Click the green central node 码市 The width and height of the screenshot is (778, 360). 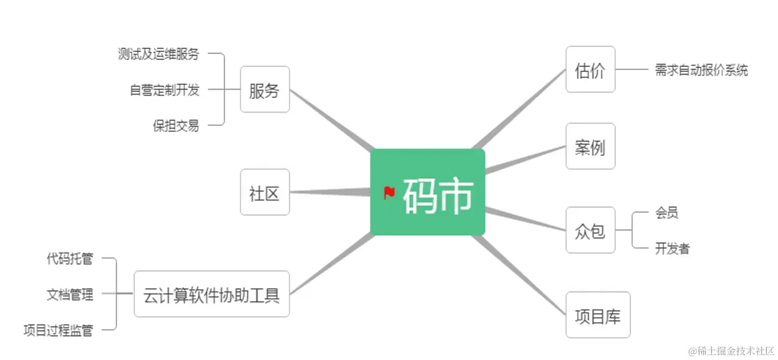tap(427, 192)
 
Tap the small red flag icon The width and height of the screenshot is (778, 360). tap(389, 192)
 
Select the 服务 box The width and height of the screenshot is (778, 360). tap(265, 90)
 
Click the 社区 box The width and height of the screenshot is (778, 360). tap(265, 192)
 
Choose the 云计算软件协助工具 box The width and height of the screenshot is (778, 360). tap(212, 294)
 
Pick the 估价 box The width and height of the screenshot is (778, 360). tap(590, 70)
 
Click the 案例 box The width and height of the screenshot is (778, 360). tap(590, 146)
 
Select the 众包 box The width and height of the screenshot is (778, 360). tap(590, 230)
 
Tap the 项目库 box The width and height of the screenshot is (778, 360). tap(598, 315)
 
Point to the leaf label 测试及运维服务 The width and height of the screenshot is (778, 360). tap(159, 54)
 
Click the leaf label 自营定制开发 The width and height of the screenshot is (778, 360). tap(165, 90)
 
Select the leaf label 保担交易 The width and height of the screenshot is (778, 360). tap(176, 126)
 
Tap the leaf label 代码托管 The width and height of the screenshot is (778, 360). tap(70, 259)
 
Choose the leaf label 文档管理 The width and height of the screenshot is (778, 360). tap(70, 295)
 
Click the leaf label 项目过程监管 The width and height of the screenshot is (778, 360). tap(58, 330)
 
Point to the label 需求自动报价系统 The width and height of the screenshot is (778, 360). tap(701, 70)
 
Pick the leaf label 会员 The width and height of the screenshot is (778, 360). tap(667, 213)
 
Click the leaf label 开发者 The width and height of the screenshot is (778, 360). tap(673, 249)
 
